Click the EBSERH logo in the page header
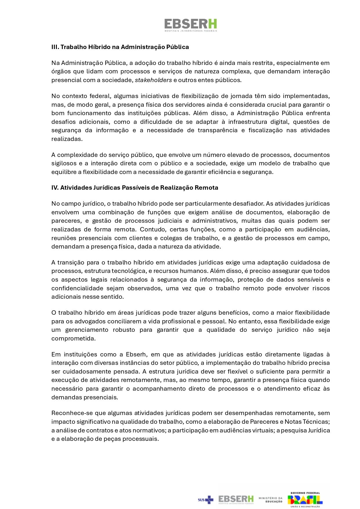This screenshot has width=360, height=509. tap(190, 25)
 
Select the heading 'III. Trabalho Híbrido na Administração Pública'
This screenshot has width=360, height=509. tap(120, 47)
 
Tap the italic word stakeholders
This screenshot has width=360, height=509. tap(153, 80)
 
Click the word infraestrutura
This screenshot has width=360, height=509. tap(249, 122)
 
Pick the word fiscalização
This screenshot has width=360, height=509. tap(265, 130)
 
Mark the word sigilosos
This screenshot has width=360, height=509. tap(64, 163)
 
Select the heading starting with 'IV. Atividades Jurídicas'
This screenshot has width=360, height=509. tap(135, 188)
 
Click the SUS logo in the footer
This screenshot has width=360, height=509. tap(205, 499)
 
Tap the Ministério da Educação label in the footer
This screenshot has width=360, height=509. tap(270, 499)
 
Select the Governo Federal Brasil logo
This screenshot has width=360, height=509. tap(305, 499)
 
